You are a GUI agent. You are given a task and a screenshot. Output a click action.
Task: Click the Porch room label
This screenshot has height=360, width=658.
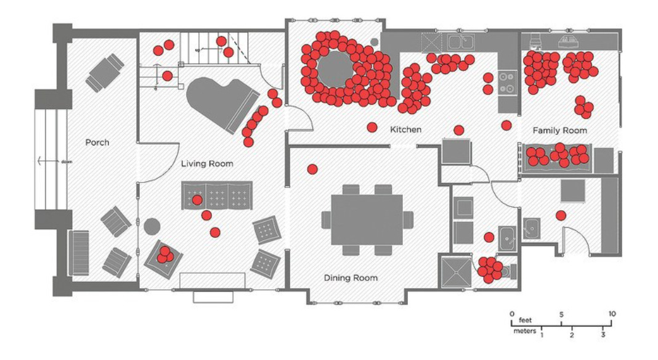point(97,142)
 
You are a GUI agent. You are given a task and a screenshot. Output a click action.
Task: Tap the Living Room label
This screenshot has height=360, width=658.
point(207,164)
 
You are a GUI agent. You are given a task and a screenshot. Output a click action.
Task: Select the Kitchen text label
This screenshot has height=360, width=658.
point(406,129)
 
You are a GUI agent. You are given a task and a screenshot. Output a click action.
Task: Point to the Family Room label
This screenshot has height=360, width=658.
point(559,130)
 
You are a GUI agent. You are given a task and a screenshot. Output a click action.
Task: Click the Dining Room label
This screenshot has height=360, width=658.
point(351,278)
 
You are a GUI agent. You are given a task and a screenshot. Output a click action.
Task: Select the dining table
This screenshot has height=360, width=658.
point(367,219)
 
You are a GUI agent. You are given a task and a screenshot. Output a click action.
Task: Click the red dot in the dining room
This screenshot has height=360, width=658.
point(312,169)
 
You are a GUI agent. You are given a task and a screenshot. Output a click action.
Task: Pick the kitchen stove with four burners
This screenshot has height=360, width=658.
point(508,83)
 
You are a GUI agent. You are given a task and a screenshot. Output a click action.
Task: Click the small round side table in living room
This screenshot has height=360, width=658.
point(152,226)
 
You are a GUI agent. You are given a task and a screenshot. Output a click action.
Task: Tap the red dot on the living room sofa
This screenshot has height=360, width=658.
point(197,200)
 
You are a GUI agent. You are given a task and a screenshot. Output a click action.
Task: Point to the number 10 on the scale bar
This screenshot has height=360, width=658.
point(612,314)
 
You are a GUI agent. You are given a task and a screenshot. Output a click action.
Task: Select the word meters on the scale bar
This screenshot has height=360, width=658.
point(525,331)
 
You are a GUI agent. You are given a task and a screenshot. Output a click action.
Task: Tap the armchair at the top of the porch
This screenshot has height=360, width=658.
point(105,72)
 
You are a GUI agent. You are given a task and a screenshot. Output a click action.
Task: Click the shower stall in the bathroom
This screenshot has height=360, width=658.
point(456,271)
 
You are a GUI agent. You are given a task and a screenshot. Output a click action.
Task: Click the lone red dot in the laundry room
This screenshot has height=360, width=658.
point(561,215)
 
